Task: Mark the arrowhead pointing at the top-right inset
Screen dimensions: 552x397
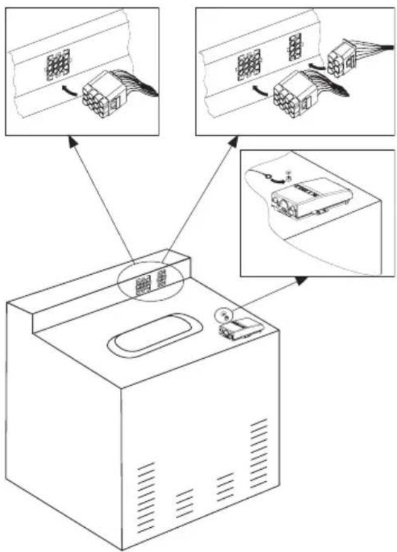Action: [232, 143]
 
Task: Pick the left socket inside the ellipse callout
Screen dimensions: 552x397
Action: [143, 284]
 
